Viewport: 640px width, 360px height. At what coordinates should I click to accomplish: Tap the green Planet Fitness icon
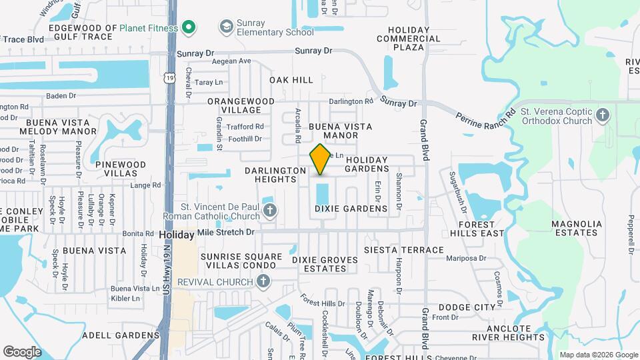click(189, 28)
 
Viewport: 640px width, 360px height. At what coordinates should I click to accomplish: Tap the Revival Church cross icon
click(264, 282)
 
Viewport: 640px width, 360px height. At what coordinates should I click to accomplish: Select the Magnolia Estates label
click(575, 228)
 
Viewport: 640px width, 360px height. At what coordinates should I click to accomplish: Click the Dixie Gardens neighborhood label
click(351, 209)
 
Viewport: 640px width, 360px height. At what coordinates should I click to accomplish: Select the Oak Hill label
click(291, 80)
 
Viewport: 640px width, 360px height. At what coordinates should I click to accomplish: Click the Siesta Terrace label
click(403, 250)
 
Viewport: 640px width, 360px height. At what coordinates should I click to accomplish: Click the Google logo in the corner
click(22, 351)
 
